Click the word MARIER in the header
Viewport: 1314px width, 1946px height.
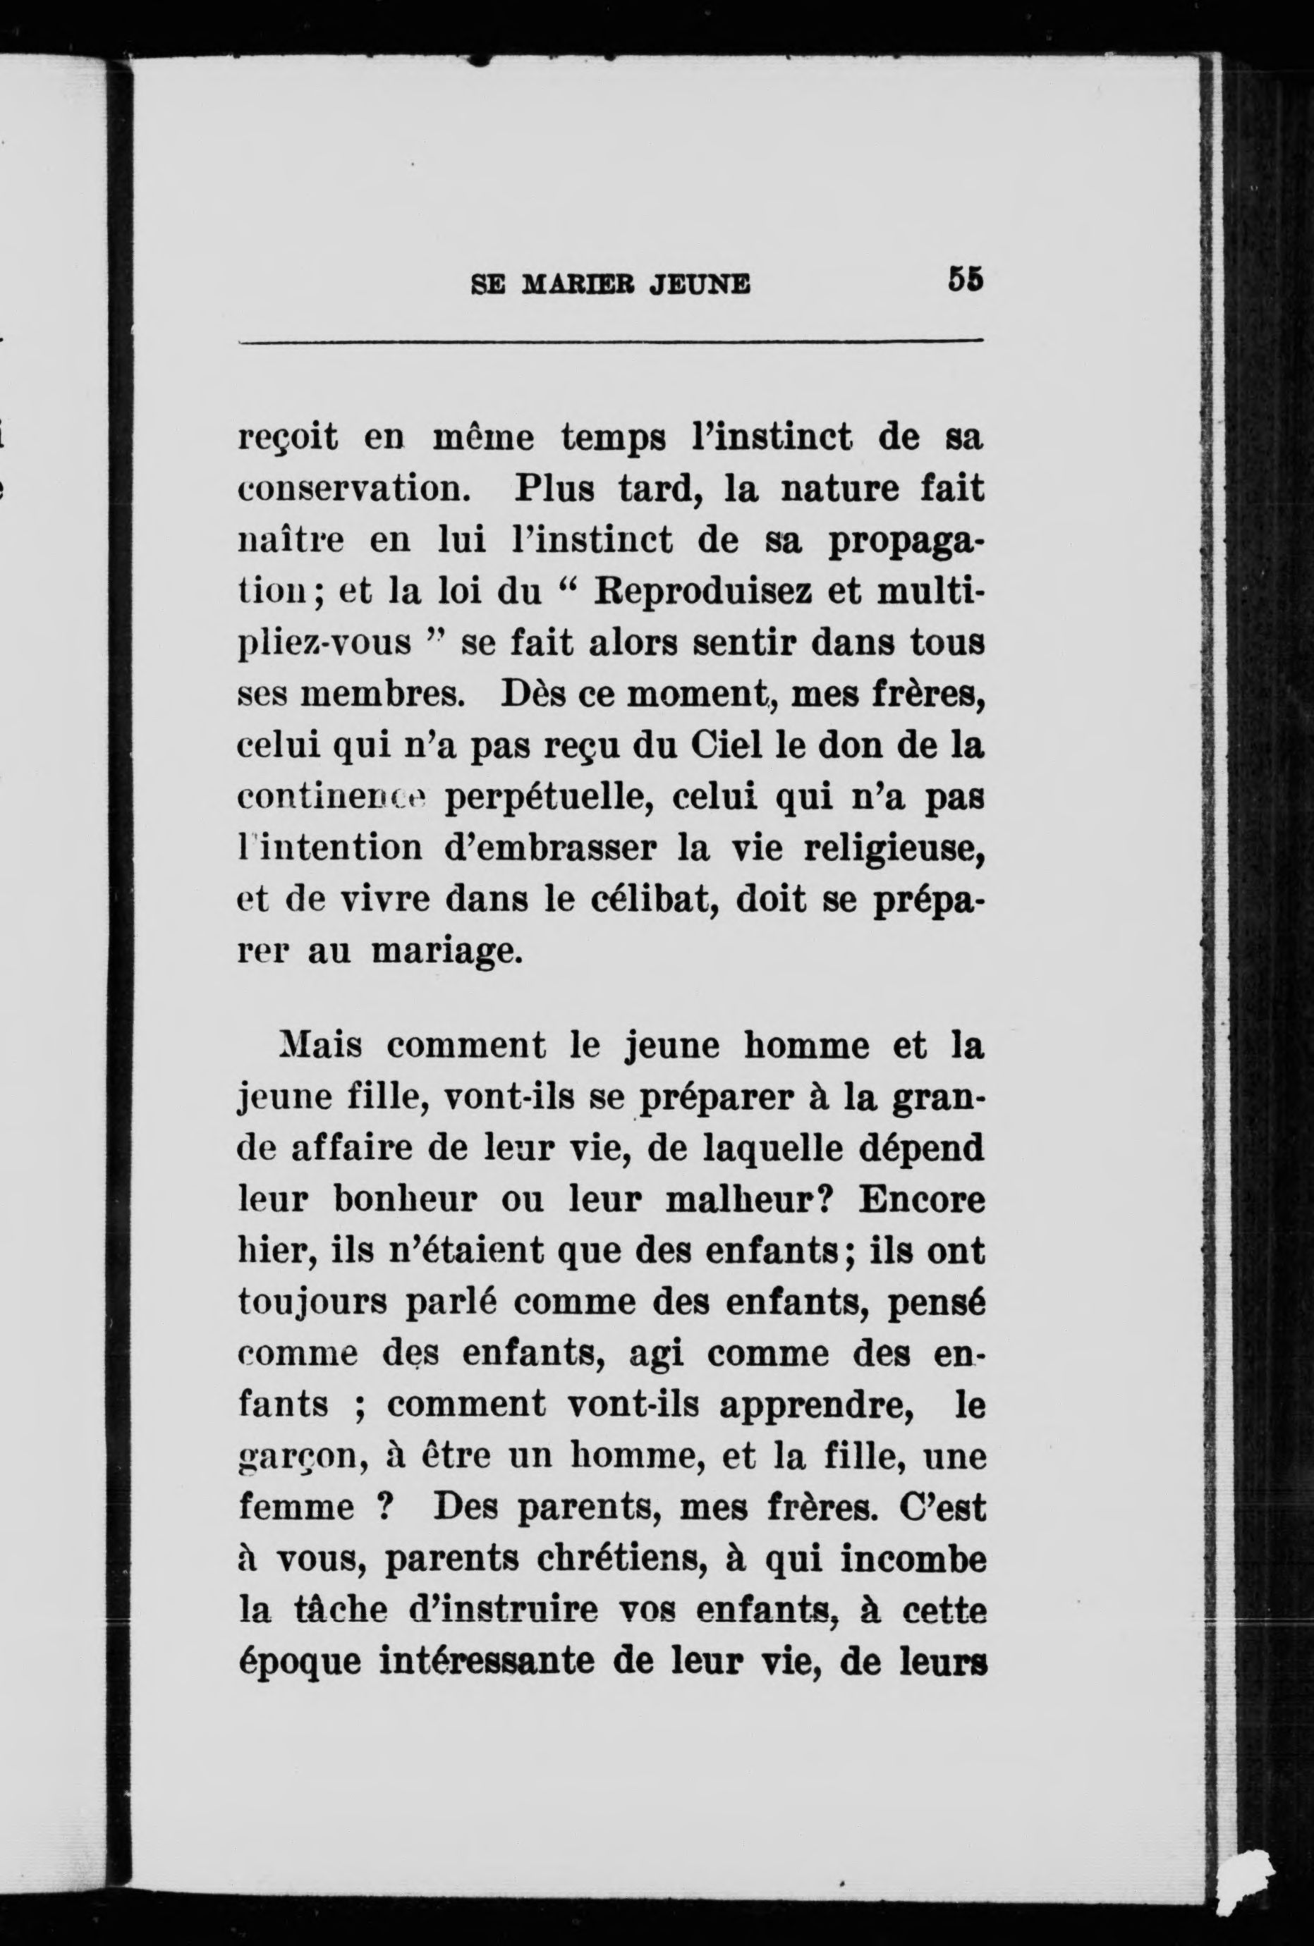[573, 286]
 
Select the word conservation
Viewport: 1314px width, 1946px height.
[352, 489]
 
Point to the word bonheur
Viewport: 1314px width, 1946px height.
[406, 1200]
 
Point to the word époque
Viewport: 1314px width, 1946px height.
[300, 1662]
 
